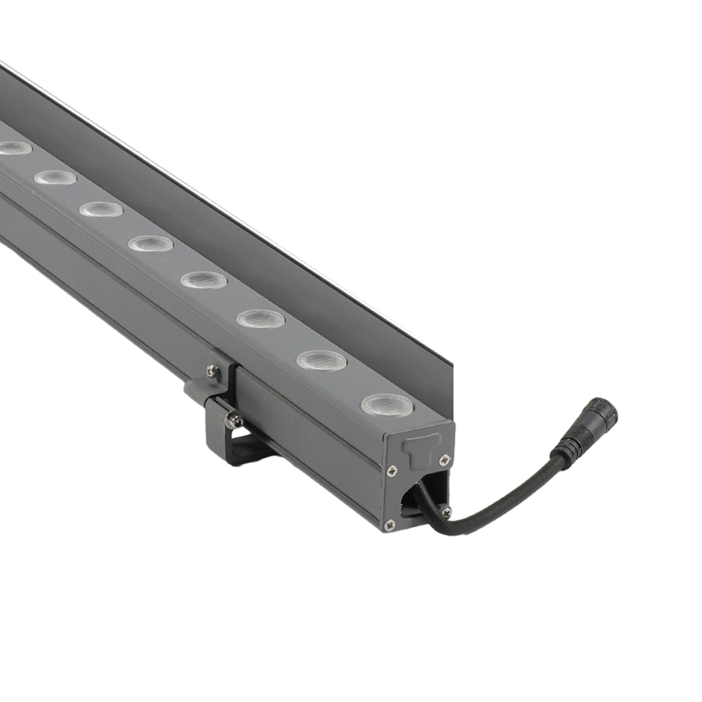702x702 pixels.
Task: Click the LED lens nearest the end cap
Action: pyautogui.click(x=387, y=404)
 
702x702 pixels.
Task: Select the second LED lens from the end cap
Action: pyautogui.click(x=322, y=361)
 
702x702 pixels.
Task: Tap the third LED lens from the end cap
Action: pyautogui.click(x=260, y=319)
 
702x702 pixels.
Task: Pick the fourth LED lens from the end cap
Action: pyautogui.click(x=204, y=280)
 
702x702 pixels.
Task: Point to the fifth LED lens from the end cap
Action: pyautogui.click(x=150, y=244)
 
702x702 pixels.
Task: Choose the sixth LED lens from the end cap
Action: pyautogui.click(x=100, y=209)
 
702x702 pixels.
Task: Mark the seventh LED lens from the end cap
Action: pyautogui.click(x=55, y=178)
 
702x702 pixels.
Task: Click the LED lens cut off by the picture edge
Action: pyautogui.click(x=13, y=148)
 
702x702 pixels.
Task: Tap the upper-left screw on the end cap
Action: pyautogui.click(x=392, y=470)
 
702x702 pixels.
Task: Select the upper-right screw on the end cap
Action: pyautogui.click(x=444, y=460)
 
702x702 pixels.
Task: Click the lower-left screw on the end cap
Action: pyautogui.click(x=390, y=524)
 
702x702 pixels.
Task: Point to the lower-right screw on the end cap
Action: pyautogui.click(x=446, y=512)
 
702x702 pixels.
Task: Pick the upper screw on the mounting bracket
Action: pyautogui.click(x=211, y=371)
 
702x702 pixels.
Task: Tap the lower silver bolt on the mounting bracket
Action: pyautogui.click(x=234, y=421)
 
